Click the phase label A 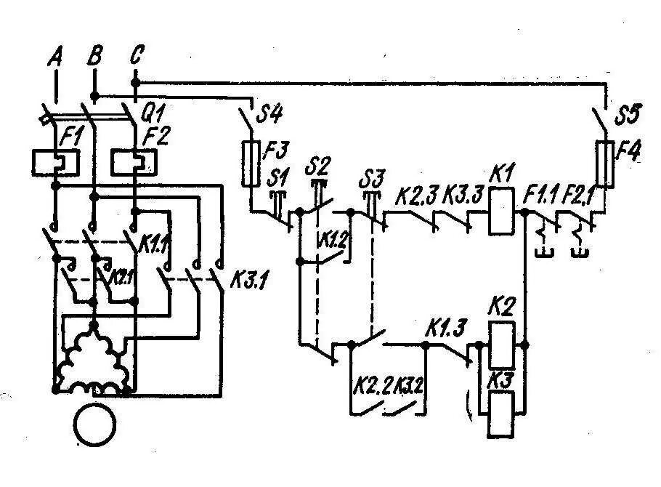click(54, 57)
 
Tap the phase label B click(94, 56)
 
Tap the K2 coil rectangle click(500, 345)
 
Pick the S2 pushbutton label click(318, 165)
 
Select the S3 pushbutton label click(373, 177)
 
